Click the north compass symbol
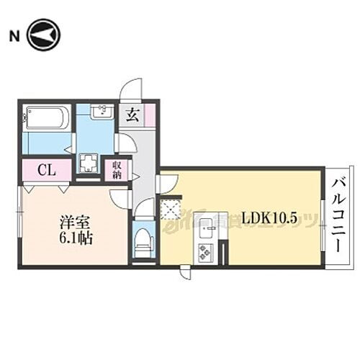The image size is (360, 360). point(44,35)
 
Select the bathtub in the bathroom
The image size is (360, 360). point(46,118)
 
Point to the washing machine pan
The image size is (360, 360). point(89,163)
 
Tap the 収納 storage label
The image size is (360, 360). point(116,171)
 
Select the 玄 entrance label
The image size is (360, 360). point(132,115)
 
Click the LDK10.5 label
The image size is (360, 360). point(270,218)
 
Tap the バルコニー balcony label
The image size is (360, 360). point(337,217)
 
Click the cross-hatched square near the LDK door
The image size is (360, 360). point(171,209)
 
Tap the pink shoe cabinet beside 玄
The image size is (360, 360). point(149,115)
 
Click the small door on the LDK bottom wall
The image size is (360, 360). point(186,272)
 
